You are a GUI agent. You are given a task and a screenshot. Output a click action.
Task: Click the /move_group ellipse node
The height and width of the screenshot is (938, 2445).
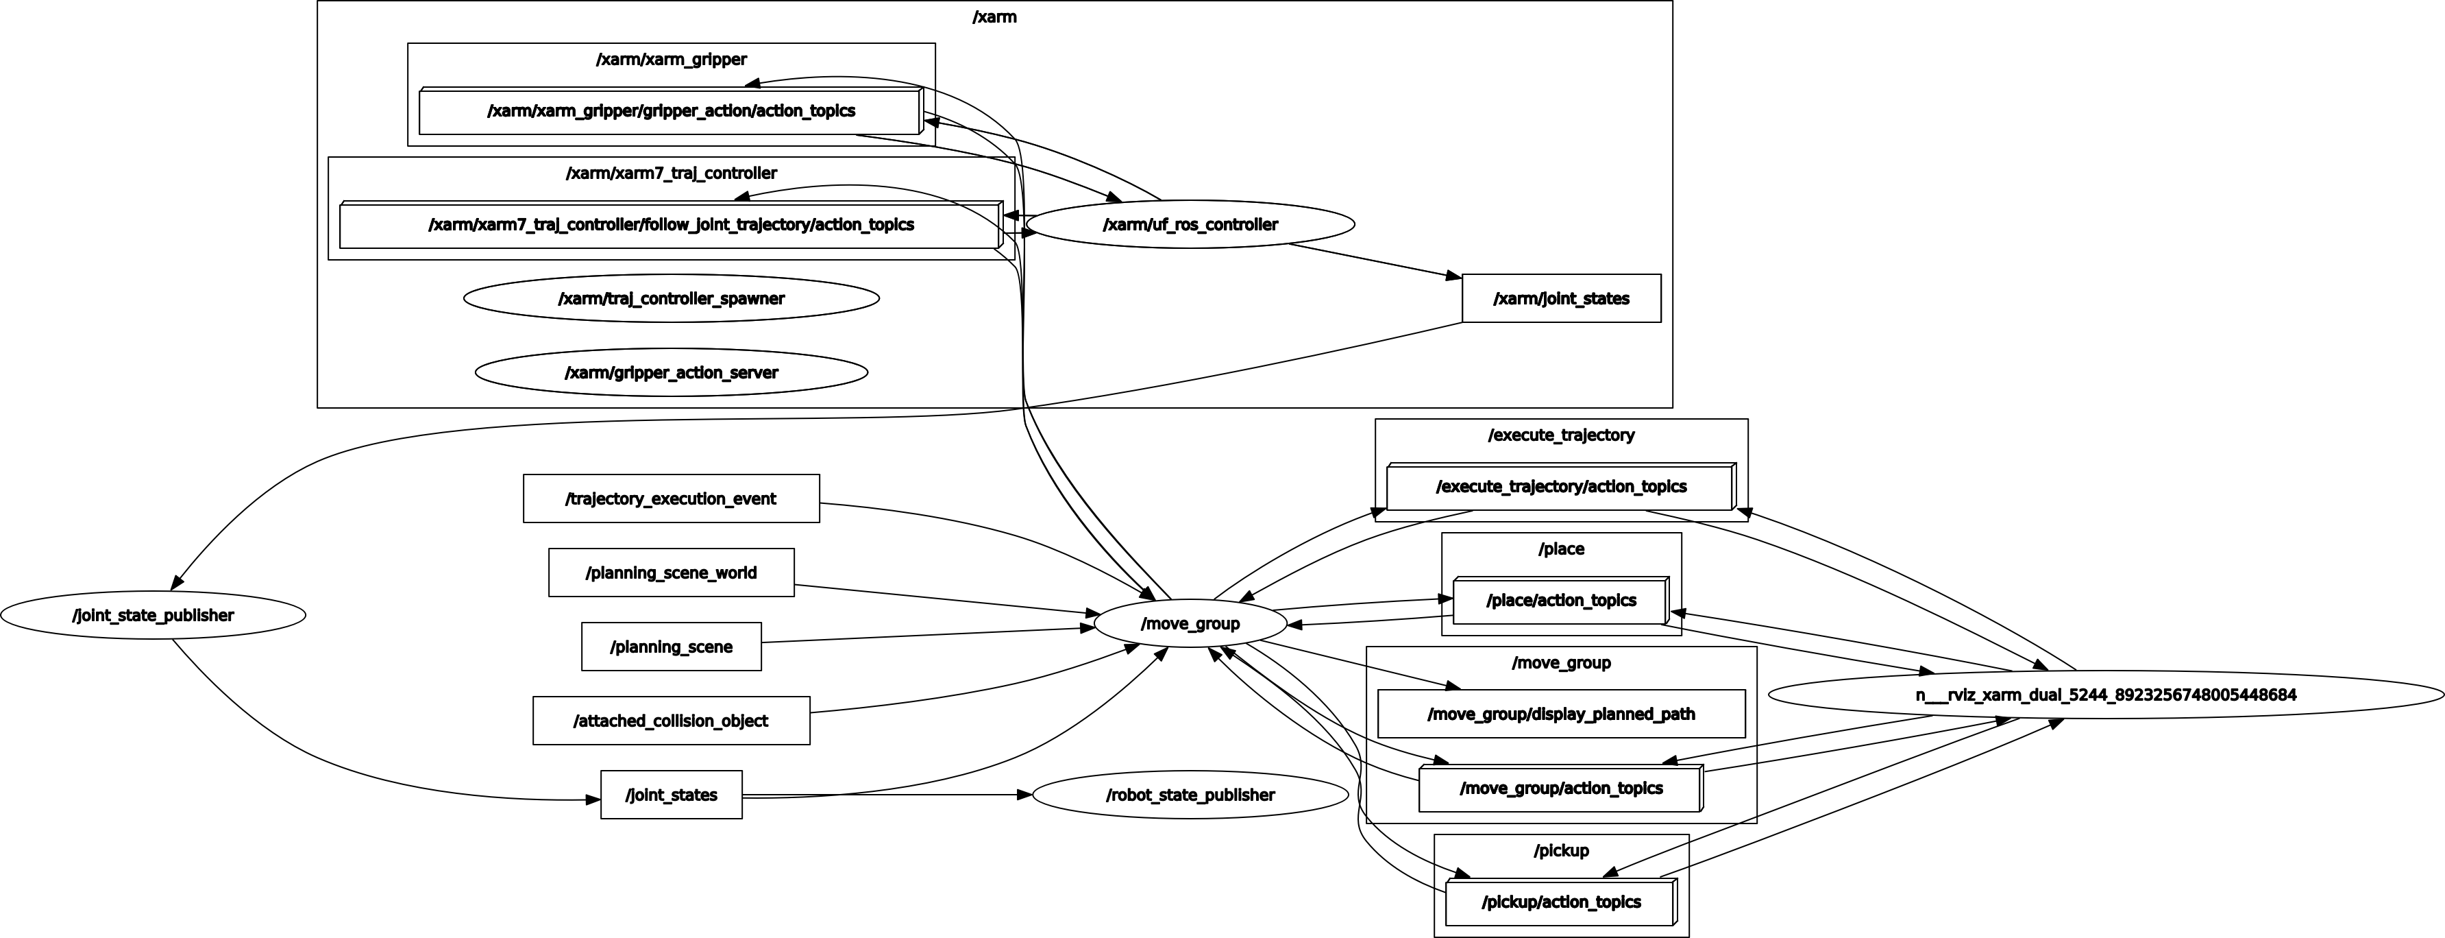1190,624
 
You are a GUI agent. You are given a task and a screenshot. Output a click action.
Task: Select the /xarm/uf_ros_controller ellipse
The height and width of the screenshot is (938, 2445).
1190,225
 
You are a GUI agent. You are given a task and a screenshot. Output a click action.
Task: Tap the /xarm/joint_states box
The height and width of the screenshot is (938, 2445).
1561,299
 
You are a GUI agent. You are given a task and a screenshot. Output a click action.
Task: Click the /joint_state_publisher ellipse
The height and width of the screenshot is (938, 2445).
153,615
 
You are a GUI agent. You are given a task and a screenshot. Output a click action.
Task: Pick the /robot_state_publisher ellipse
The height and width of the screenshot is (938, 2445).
1190,795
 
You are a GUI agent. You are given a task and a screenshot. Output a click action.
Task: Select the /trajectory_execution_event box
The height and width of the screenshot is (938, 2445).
671,498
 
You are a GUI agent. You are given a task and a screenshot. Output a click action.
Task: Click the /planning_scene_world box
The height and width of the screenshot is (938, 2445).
671,573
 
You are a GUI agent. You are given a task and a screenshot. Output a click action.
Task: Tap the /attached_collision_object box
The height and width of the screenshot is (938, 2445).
671,721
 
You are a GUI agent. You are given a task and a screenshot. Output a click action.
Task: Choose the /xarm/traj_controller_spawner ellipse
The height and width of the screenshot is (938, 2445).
671,299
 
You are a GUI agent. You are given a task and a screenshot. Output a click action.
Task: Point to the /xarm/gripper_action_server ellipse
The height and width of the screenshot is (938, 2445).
671,373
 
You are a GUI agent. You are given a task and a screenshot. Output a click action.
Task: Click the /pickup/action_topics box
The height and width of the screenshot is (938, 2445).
1560,902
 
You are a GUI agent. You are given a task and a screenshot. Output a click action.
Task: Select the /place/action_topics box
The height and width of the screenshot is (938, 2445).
1560,600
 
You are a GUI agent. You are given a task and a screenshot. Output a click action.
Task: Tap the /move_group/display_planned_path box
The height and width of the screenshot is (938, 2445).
1561,714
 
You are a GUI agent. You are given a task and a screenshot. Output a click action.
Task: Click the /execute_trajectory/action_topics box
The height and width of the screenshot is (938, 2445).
1560,487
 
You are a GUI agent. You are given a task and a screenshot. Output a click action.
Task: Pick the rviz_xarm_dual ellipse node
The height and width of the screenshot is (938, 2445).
2105,695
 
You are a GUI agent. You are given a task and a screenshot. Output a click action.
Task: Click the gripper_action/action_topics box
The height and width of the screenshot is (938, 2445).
670,112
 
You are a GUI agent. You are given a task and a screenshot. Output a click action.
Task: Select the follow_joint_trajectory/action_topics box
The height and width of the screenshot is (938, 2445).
670,225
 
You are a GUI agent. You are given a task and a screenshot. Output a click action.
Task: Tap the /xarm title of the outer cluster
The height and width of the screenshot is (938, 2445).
994,17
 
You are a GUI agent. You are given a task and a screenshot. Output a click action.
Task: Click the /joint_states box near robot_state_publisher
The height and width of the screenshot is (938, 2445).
671,795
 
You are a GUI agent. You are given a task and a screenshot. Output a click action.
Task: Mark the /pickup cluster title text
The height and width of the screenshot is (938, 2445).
1561,851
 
